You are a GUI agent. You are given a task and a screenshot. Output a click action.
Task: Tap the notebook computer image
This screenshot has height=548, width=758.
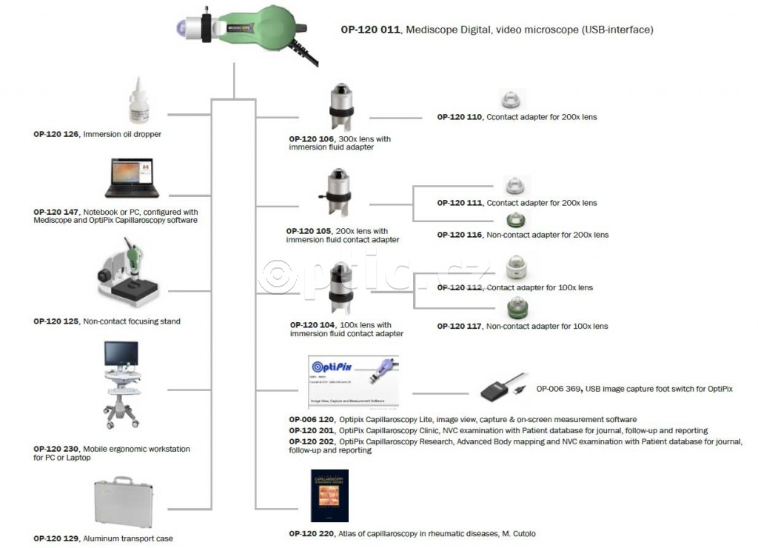132,179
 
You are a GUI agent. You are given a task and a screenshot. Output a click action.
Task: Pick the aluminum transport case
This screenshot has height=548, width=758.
123,504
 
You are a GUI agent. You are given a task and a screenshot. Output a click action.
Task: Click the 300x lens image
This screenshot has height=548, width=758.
340,108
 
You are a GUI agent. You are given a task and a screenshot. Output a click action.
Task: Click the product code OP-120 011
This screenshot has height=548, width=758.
371,30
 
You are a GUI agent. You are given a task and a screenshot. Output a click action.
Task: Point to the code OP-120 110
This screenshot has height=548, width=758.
460,117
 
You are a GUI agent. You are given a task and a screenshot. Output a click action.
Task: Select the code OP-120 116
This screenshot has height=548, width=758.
460,235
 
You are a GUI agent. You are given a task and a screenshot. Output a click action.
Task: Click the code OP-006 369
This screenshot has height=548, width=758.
559,388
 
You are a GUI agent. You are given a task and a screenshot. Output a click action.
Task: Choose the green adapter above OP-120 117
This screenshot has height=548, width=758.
516,308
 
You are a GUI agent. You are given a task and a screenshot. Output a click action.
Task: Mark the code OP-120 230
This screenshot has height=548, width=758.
56,449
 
